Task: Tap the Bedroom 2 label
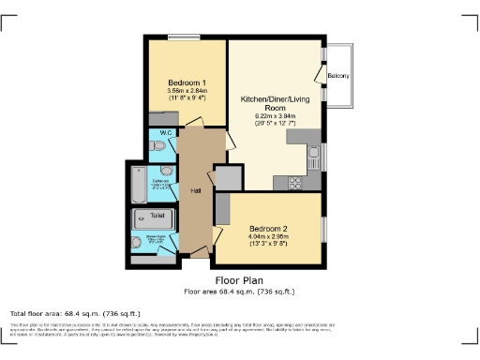pyautogui.click(x=267, y=229)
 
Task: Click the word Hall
pyautogui.click(x=196, y=191)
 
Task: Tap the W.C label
pyautogui.click(x=165, y=134)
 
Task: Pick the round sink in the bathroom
pyautogui.click(x=166, y=171)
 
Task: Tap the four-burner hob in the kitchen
pyautogui.click(x=294, y=182)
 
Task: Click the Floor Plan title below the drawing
pyautogui.click(x=239, y=280)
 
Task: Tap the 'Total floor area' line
pyautogui.click(x=75, y=313)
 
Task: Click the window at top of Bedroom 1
pyautogui.click(x=184, y=37)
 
